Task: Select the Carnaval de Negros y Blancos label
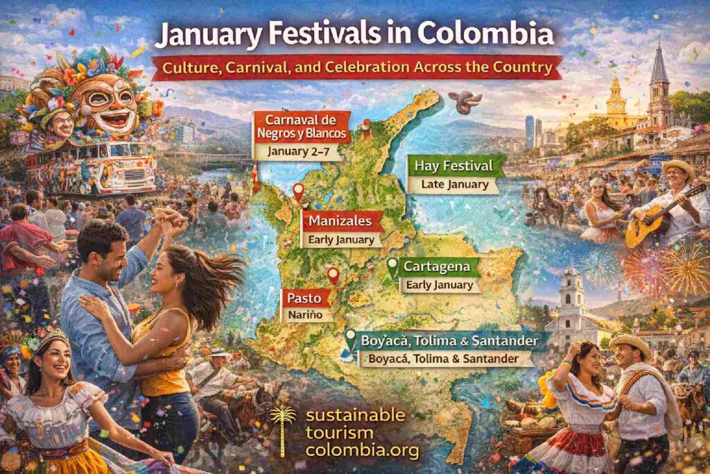302,126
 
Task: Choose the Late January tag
455,185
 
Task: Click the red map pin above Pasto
334,276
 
